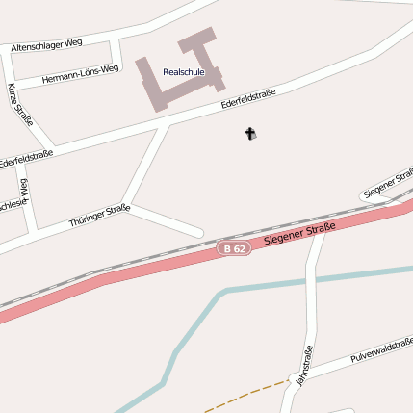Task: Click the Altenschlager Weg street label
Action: pos(46,45)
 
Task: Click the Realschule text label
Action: pos(183,72)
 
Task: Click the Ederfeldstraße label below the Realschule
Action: pos(247,98)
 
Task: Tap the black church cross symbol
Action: pos(250,134)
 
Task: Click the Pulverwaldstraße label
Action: pos(381,349)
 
